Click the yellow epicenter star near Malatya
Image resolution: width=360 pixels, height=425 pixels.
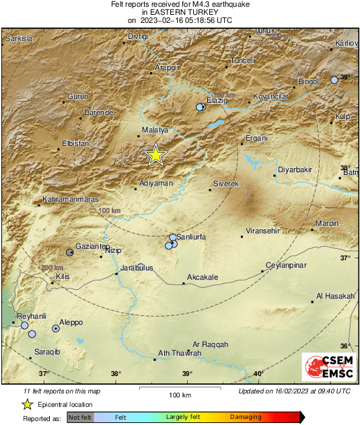pyautogui.click(x=155, y=155)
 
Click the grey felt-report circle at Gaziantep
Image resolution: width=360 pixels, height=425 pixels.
pyautogui.click(x=70, y=252)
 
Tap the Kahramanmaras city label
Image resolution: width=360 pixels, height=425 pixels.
pyautogui.click(x=71, y=200)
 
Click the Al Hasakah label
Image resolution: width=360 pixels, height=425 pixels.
pyautogui.click(x=335, y=297)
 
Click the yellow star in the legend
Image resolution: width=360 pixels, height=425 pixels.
pyautogui.click(x=28, y=404)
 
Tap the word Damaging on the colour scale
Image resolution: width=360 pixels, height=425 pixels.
pyautogui.click(x=246, y=417)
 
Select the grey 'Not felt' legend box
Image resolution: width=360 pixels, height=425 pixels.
pyautogui.click(x=79, y=418)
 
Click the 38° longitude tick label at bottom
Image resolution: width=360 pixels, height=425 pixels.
pyautogui.click(x=116, y=374)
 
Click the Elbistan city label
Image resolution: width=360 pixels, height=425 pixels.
pyautogui.click(x=75, y=143)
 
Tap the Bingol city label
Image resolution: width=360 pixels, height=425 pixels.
pyautogui.click(x=308, y=81)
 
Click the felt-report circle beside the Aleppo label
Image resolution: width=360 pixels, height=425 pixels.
pyautogui.click(x=56, y=329)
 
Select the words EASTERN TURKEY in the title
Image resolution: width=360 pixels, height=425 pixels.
pyautogui.click(x=181, y=12)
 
